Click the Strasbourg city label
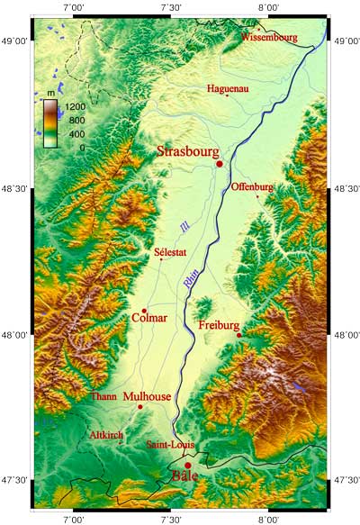point(188,150)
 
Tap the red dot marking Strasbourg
point(219,164)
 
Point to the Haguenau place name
point(228,89)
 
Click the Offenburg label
point(252,187)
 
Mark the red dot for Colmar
point(144,311)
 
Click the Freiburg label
point(219,325)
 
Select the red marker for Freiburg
point(239,335)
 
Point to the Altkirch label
point(107,435)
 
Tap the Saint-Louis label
point(170,445)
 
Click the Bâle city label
point(184,475)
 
